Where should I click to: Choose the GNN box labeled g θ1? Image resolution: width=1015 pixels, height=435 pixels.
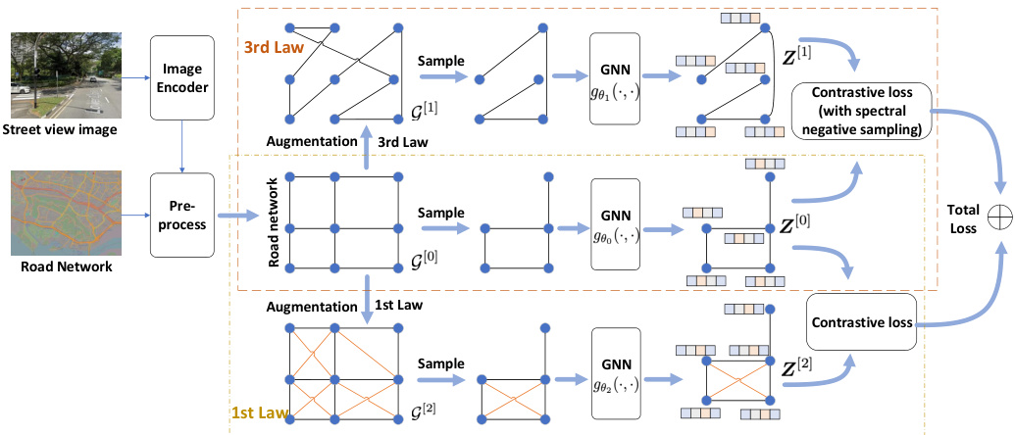coord(615,77)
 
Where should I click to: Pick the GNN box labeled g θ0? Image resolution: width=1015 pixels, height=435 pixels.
coord(615,224)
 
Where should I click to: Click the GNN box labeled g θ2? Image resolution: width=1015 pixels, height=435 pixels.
coord(615,375)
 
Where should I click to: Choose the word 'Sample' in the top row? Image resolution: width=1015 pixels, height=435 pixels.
coord(440,60)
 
